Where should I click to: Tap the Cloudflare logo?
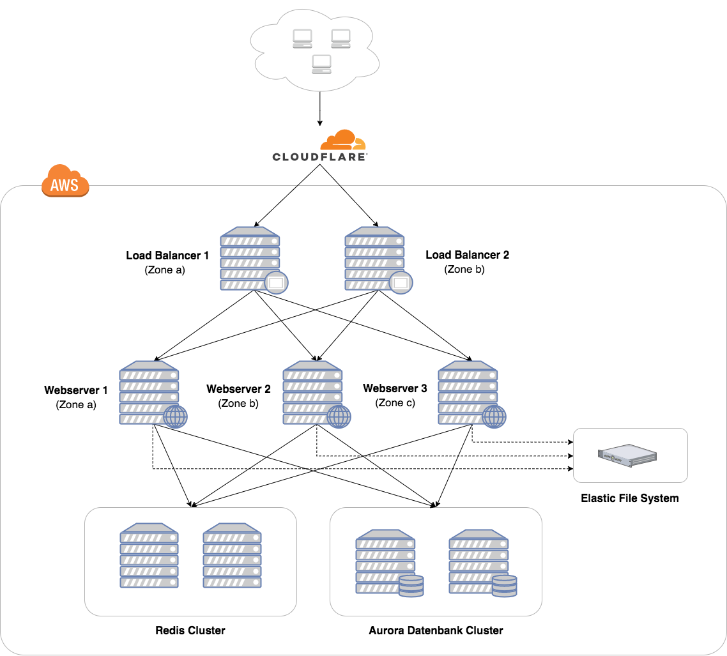(320, 146)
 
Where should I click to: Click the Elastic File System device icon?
(627, 455)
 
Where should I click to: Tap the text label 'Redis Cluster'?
(190, 630)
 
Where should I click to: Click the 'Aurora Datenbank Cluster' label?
(436, 630)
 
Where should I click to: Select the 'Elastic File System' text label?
(630, 498)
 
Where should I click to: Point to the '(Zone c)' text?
(395, 403)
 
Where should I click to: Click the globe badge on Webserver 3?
(494, 416)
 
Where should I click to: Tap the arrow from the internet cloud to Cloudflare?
(320, 109)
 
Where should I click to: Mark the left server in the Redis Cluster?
(149, 556)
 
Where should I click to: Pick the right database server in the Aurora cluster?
(483, 563)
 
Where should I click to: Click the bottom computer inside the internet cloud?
(322, 65)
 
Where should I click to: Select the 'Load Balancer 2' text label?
(468, 255)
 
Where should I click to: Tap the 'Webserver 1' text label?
(76, 390)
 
